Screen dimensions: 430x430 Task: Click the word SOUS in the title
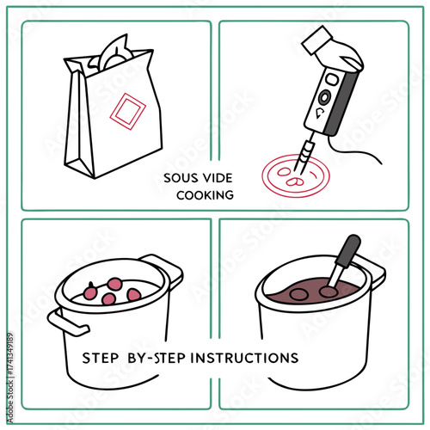tap(180, 179)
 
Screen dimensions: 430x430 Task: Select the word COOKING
tap(205, 195)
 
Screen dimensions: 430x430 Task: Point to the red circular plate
tap(294, 176)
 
